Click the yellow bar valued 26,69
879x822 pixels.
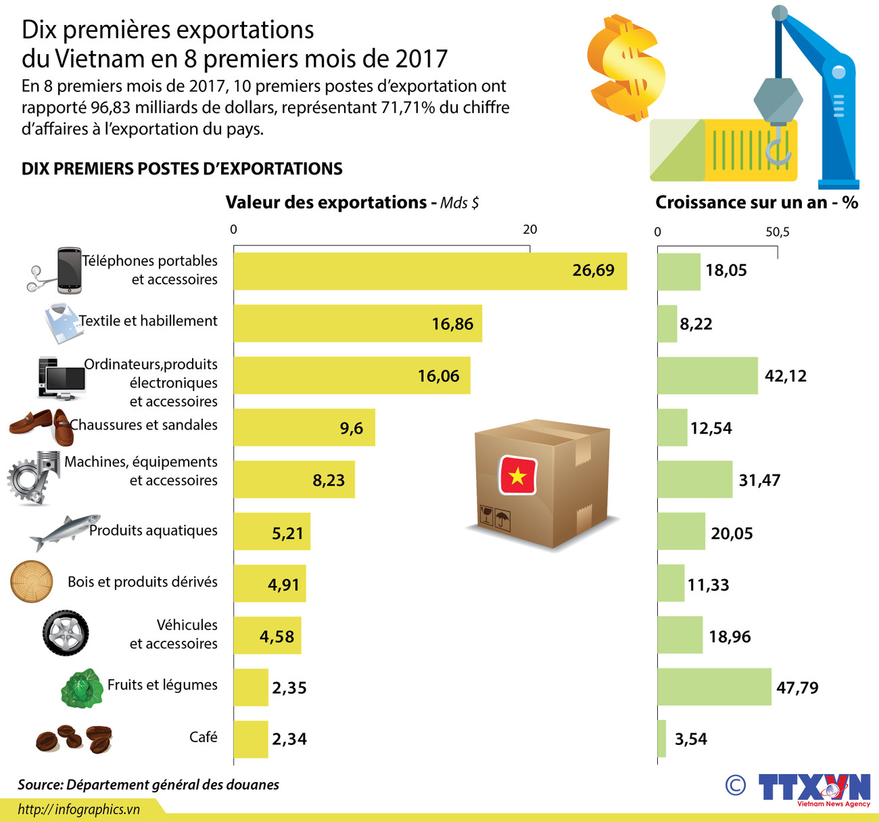[x=430, y=271]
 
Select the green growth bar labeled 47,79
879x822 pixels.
[x=714, y=687]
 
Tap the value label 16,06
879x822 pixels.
[x=438, y=376]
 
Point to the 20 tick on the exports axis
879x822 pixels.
[x=530, y=230]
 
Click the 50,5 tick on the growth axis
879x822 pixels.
[x=777, y=233]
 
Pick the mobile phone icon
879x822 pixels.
[x=68, y=271]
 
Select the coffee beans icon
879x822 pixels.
[x=74, y=739]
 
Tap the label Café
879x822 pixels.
[x=203, y=737]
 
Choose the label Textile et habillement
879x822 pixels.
[x=148, y=321]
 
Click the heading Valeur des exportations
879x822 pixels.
[x=326, y=202]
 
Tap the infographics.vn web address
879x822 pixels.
[x=78, y=809]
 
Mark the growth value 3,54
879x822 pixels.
[x=690, y=739]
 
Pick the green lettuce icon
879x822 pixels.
[x=82, y=689]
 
